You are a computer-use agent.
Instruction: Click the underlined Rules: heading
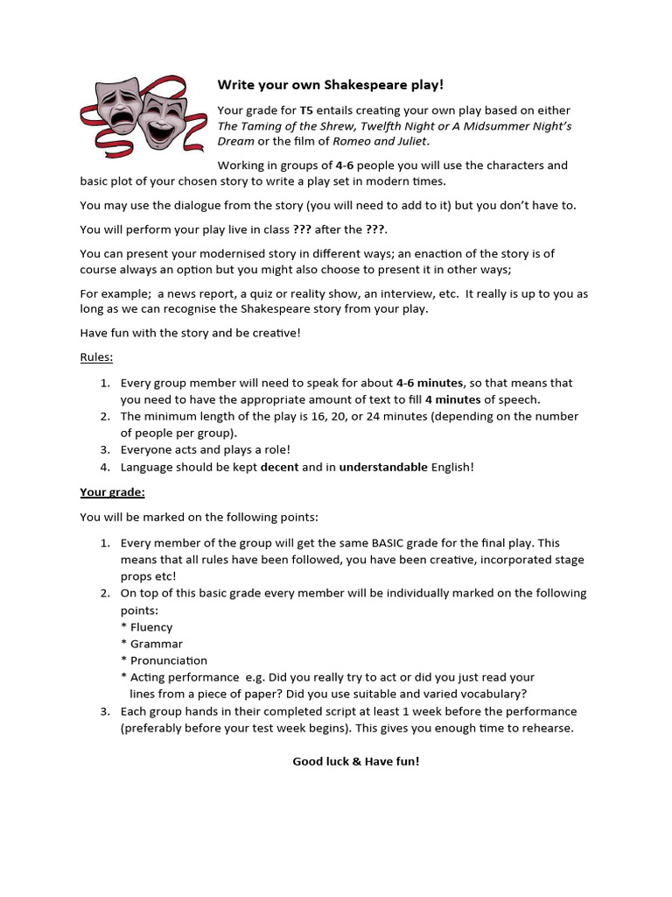[x=96, y=357]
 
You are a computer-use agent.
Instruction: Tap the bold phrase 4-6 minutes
[x=429, y=383]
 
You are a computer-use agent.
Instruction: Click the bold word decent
[x=279, y=467]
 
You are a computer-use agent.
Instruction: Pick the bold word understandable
[x=383, y=467]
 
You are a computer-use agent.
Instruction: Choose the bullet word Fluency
[x=151, y=627]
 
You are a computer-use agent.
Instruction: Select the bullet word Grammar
[x=157, y=644]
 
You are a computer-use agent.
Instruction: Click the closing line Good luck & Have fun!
[x=355, y=761]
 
